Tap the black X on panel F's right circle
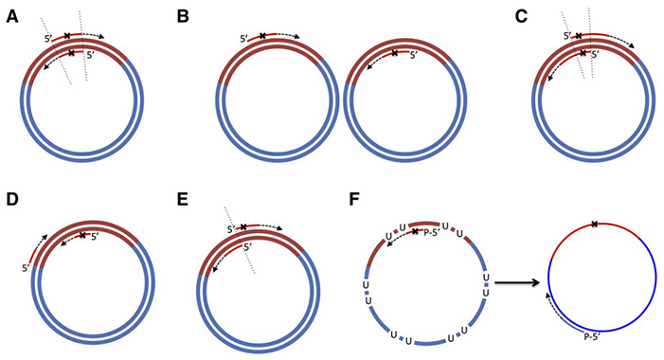tap(594, 224)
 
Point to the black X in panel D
tap(81, 235)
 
